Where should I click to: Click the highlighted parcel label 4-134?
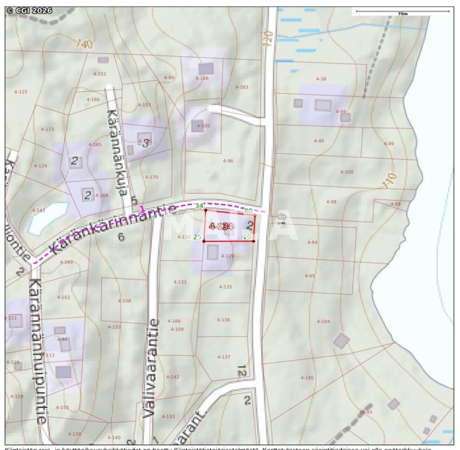click(x=221, y=226)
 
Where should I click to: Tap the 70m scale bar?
click(x=402, y=12)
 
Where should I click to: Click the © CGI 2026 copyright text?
click(x=29, y=11)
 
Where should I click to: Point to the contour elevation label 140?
click(x=85, y=44)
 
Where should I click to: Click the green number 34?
click(x=199, y=206)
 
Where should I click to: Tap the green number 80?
click(x=248, y=211)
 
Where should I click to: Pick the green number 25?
click(x=197, y=237)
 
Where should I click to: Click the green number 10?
click(x=247, y=237)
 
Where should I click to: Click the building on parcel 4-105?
click(x=197, y=126)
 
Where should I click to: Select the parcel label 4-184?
click(x=323, y=321)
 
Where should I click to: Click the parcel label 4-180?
click(x=307, y=378)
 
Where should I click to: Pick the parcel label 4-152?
click(x=100, y=74)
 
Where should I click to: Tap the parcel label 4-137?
click(x=224, y=357)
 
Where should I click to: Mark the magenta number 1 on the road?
click(x=142, y=209)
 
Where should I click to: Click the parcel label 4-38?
click(x=321, y=79)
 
